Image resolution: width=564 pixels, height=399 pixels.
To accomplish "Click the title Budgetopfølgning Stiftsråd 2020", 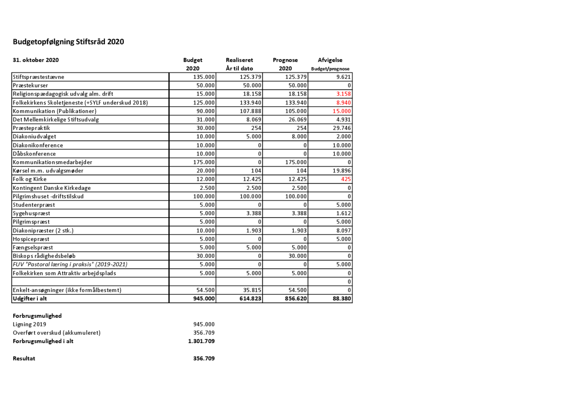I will [x=68, y=42].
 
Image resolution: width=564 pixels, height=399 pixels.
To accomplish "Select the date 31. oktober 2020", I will [x=36, y=60].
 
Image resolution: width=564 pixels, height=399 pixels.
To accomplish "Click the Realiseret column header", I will [x=239, y=60].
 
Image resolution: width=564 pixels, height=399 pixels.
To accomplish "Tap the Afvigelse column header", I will [x=330, y=60].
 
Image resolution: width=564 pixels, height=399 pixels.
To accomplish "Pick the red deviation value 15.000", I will [x=342, y=111].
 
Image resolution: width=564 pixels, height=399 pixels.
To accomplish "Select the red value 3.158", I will [x=343, y=94].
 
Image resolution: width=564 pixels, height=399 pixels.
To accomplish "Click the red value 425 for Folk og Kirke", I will [x=346, y=179].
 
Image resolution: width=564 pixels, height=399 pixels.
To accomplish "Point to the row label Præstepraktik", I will [x=31, y=128].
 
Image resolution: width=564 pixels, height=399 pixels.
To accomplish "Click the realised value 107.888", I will [x=251, y=111].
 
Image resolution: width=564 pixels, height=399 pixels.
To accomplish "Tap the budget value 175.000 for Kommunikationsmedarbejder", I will [x=204, y=162].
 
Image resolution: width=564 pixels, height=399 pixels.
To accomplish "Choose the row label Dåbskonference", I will [x=34, y=154].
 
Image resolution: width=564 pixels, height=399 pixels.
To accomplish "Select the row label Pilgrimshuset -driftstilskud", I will [x=48, y=196].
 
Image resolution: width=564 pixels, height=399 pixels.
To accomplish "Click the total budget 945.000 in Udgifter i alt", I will [x=204, y=299].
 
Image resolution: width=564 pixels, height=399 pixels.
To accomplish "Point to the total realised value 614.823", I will [x=251, y=299].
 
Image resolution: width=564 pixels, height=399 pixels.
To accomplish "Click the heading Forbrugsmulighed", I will [x=37, y=316].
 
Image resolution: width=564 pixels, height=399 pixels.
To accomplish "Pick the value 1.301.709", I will [x=201, y=341].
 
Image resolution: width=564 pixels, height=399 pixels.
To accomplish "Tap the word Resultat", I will [x=24, y=358].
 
